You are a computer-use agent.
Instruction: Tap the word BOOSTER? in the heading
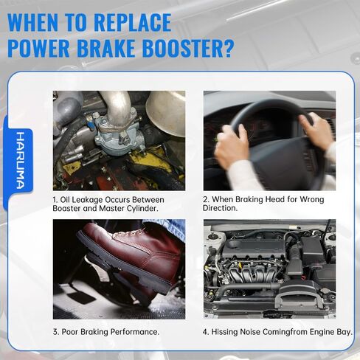click(x=189, y=49)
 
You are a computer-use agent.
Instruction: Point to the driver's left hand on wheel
click(x=232, y=144)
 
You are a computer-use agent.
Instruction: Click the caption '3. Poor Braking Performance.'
click(x=105, y=332)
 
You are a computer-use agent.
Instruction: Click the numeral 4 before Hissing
click(x=207, y=332)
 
